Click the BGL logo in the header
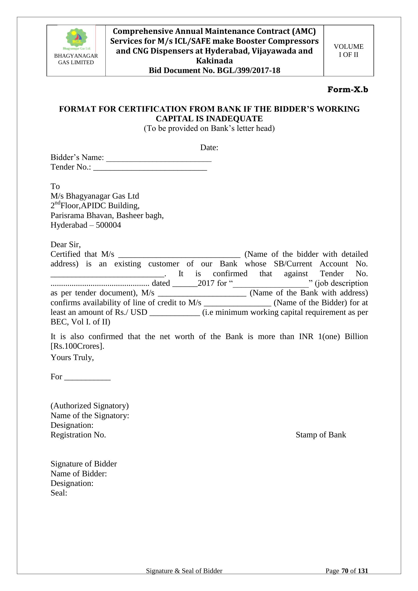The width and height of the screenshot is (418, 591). [x=76, y=39]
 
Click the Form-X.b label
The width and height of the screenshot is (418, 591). [x=347, y=90]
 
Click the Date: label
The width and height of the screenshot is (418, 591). [x=209, y=148]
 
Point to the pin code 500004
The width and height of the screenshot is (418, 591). [x=108, y=225]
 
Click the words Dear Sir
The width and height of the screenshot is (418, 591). [x=65, y=244]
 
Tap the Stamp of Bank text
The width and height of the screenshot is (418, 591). [x=321, y=435]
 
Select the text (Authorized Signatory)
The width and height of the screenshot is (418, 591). [x=89, y=406]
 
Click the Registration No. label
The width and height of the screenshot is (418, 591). [x=78, y=435]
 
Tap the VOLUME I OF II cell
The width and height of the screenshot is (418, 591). [x=349, y=51]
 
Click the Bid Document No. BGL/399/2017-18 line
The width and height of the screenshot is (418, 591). [x=214, y=70]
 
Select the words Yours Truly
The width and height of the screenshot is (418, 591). [x=72, y=358]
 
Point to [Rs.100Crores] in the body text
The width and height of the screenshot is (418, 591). [x=77, y=346]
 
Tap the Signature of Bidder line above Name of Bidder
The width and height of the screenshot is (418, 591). [x=84, y=464]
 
